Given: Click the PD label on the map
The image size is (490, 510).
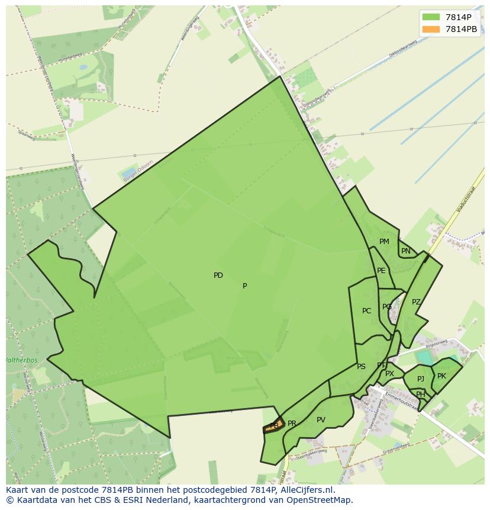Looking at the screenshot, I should [218, 275].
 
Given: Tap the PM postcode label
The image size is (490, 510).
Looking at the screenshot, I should [384, 242].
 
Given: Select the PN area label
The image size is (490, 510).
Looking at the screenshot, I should [405, 251].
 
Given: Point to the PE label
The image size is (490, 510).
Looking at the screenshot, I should [381, 271].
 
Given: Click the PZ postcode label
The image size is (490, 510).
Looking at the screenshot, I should [416, 302].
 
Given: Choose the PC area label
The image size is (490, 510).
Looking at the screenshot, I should [367, 311].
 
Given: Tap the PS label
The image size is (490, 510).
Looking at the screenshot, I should [361, 367].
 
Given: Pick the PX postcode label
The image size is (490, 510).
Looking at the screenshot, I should [389, 374].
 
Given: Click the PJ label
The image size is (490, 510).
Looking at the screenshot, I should [420, 379].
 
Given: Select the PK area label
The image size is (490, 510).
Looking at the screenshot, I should [441, 376].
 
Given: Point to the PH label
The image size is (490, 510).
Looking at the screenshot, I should [420, 394].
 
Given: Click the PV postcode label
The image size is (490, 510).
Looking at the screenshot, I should [321, 420].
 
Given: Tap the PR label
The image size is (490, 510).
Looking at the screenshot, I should [292, 424].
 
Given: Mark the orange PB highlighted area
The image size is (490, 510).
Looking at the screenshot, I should [274, 425].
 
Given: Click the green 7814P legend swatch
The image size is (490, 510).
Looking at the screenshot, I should [431, 17].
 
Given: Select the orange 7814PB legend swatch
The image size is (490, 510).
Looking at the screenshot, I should [431, 28].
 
